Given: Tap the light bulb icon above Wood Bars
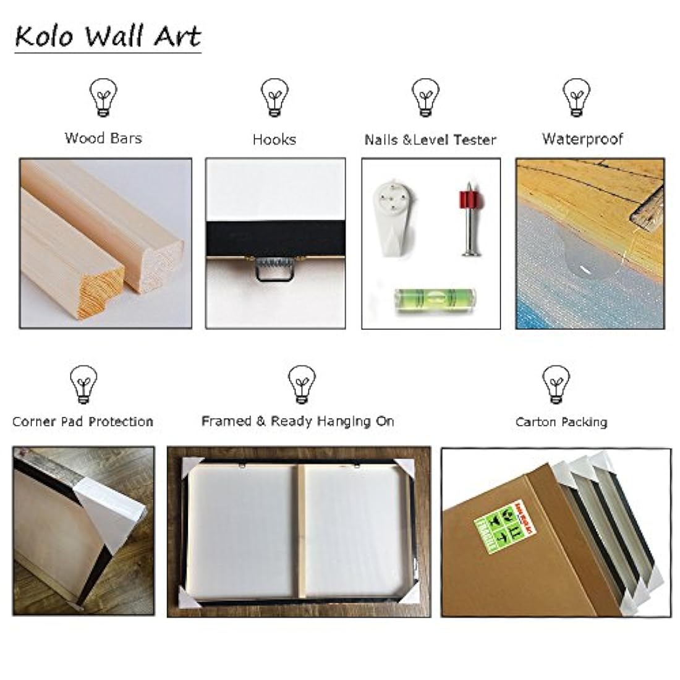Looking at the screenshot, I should point(103,98).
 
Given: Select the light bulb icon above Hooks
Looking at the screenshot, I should point(274,98).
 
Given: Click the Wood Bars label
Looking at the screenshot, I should point(103,137).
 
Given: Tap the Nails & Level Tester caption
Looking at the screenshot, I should point(430,140).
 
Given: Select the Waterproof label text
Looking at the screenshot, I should point(582,138).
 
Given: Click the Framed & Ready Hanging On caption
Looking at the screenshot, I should point(298,422).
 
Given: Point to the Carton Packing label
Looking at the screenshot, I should point(561,422).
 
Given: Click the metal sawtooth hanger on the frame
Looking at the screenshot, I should point(275,270).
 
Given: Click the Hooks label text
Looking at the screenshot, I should point(274,140).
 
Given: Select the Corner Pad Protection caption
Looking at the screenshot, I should point(83,422).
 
